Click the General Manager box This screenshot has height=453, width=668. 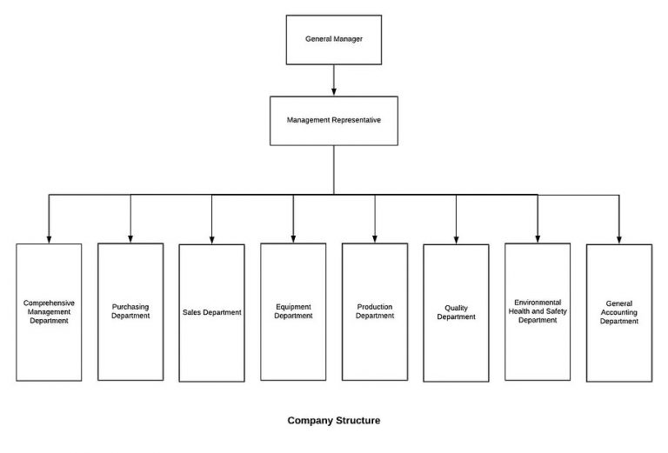334,40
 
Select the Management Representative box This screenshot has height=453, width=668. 334,120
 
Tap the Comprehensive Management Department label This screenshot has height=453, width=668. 49,311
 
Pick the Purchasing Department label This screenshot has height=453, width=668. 130,311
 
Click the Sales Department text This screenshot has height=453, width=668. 211,312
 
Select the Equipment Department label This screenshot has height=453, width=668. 293,311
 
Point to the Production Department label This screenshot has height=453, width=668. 375,311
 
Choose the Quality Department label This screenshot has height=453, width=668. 456,312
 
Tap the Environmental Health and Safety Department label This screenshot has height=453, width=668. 538,311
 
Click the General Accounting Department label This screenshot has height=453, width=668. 618,312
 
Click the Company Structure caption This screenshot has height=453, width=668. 334,421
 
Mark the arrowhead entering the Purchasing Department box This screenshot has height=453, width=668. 130,237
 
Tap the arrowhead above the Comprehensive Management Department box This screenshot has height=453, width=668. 49,237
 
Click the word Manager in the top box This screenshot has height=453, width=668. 348,40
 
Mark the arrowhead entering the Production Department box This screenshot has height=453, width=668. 375,237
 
